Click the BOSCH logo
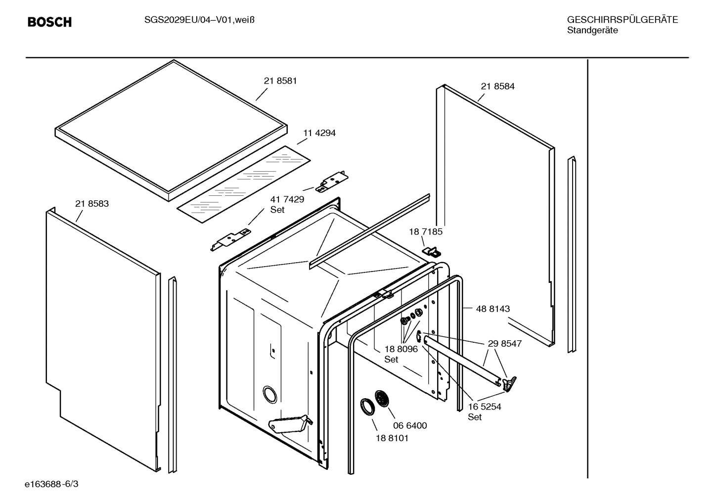49,22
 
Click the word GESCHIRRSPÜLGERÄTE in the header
622,20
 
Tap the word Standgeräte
592,30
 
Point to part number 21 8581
280,81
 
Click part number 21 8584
497,86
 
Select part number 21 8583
92,203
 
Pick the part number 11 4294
319,133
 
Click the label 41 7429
287,199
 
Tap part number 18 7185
425,231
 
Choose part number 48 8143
492,309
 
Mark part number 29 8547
504,343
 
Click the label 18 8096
401,349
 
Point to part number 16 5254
485,407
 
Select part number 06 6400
410,425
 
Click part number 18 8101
392,438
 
